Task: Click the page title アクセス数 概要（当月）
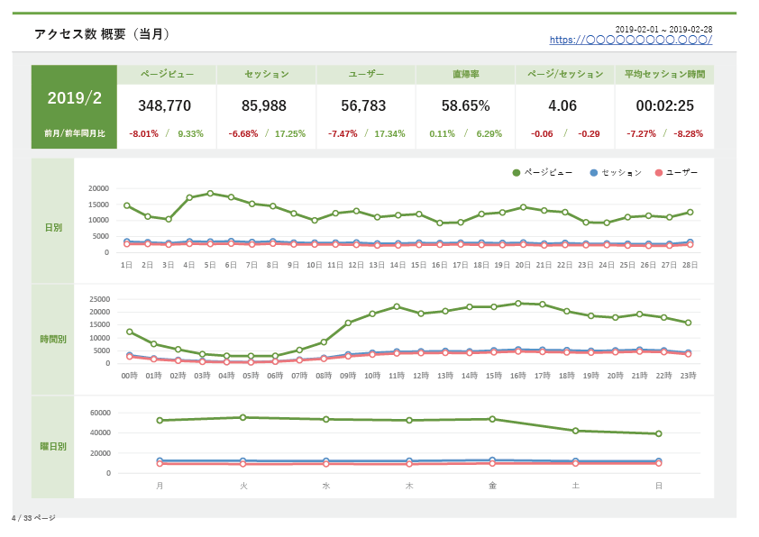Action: (x=102, y=34)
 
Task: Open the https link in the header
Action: (x=631, y=40)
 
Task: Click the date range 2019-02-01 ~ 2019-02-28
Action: (x=663, y=29)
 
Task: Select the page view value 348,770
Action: (x=165, y=105)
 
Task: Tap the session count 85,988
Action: (x=264, y=105)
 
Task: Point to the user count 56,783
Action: (x=363, y=105)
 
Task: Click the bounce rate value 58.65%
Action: (x=466, y=105)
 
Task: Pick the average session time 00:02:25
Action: (x=664, y=105)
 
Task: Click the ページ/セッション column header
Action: (x=565, y=74)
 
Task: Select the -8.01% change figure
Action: (x=143, y=133)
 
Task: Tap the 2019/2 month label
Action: (x=75, y=97)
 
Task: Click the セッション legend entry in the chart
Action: (x=616, y=173)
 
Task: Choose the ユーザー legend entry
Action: (x=676, y=173)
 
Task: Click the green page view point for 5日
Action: (x=210, y=194)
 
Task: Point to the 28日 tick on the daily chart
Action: (x=690, y=265)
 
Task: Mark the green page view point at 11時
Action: (x=397, y=306)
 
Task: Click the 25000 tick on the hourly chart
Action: (x=100, y=299)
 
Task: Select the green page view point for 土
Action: (x=575, y=431)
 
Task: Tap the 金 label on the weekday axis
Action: (x=492, y=486)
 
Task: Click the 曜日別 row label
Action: (x=53, y=446)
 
